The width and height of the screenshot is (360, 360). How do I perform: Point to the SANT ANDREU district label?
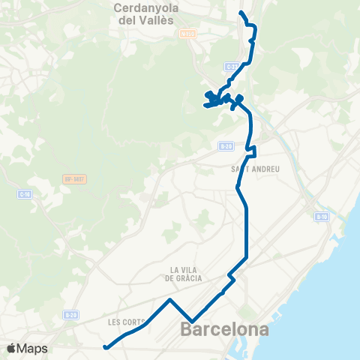(x=256, y=169)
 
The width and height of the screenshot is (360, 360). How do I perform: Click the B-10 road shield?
(x=321, y=217)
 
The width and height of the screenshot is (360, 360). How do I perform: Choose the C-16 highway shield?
(x=24, y=194)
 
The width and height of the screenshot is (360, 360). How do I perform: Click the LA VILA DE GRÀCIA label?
(x=184, y=273)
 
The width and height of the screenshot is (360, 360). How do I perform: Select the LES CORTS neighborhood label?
(x=124, y=322)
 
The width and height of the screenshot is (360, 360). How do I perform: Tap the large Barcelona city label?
(x=225, y=329)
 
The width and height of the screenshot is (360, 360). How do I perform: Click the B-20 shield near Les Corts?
(x=70, y=315)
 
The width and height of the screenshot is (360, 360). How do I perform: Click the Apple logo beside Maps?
(x=11, y=349)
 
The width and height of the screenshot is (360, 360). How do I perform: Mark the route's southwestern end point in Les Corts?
(x=106, y=347)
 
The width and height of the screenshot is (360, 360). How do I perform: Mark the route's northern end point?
(x=240, y=13)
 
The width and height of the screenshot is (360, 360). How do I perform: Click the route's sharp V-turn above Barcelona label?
(x=193, y=322)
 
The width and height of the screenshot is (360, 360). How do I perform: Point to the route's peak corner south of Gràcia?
(x=171, y=300)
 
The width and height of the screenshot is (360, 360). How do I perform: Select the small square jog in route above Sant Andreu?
(x=253, y=148)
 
